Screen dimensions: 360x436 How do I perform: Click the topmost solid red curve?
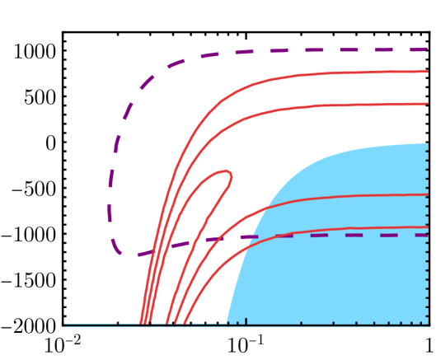pos(330,73)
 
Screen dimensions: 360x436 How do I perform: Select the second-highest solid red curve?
pos(330,105)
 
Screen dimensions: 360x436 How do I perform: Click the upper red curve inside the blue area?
pos(346,196)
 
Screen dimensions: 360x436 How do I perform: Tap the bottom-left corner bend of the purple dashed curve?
pos(120,252)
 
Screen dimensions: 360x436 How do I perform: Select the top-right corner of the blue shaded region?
pos(427,144)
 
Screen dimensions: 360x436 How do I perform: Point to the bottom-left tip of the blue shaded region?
pos(227,323)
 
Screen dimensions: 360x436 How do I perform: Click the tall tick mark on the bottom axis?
pos(246,321)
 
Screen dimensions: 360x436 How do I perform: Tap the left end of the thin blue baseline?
pos(65,325)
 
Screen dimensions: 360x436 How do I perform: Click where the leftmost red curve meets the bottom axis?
pos(141,323)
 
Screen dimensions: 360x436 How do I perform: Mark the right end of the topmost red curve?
pos(428,72)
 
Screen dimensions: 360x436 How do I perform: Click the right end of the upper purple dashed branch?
pos(427,49)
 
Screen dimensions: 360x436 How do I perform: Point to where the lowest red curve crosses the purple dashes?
pos(276,236)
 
